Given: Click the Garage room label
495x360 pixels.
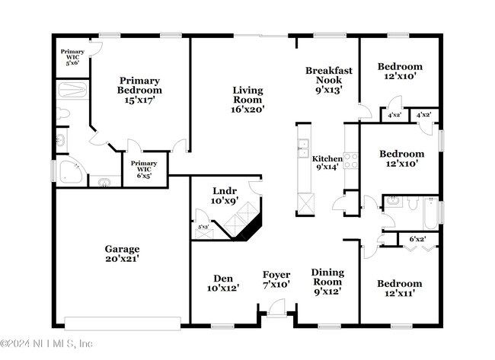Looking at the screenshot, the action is point(122,253).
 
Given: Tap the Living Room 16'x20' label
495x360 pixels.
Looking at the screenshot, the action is point(247,100).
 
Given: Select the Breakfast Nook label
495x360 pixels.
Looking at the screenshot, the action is point(329,80).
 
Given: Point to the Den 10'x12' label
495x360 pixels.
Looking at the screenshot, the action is point(223,283).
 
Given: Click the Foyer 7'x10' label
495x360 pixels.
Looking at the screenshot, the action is point(276,279).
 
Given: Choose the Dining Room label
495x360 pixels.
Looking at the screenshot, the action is point(327,282).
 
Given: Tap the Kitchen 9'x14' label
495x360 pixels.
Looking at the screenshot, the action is point(327,162).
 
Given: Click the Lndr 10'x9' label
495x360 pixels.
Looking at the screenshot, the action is point(225,196).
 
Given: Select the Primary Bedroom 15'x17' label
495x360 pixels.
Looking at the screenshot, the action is point(139,91).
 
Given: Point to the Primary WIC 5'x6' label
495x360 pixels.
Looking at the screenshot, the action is point(72,57).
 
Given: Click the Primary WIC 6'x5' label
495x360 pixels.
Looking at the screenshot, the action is point(144,169).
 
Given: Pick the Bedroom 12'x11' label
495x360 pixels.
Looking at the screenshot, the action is point(400,288).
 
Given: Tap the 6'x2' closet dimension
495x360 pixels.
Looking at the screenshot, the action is point(417,239).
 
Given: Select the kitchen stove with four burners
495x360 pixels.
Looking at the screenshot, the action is point(351,161).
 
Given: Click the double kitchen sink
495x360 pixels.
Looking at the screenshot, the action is point(303,148).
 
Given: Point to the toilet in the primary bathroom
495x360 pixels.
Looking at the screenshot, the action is point(62,113).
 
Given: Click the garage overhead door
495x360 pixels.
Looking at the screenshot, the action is point(123,323).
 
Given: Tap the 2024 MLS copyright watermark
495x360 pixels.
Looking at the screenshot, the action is point(46,343).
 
